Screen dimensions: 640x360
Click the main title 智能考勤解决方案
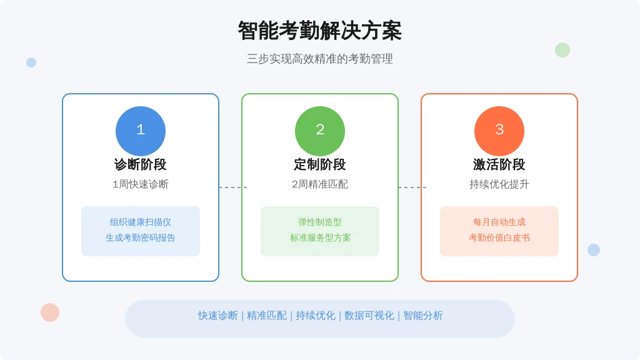tap(319, 31)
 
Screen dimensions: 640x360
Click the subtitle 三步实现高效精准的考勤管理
tap(319, 59)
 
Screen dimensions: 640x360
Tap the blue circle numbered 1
tap(141, 131)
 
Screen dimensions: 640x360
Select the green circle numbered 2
tap(320, 131)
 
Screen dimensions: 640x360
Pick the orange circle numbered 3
tap(499, 131)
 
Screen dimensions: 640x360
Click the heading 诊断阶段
tap(141, 164)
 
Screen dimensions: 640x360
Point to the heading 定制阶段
tap(320, 164)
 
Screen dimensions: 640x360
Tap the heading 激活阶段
tap(499, 164)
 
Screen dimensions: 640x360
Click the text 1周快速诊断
tap(141, 184)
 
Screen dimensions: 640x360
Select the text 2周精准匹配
tap(320, 184)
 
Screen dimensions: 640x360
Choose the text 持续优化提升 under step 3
tap(499, 184)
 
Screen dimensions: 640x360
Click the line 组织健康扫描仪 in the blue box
tap(141, 222)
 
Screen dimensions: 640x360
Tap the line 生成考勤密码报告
tap(141, 237)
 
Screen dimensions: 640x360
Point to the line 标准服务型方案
tap(320, 237)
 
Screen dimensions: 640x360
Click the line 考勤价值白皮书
tap(499, 237)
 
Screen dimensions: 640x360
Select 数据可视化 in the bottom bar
tap(369, 316)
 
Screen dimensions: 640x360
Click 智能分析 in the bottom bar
tap(423, 316)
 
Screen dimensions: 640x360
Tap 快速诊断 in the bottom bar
tap(218, 316)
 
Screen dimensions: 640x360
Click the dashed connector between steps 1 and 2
tap(233, 187)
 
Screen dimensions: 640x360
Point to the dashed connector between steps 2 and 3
tap(412, 187)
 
